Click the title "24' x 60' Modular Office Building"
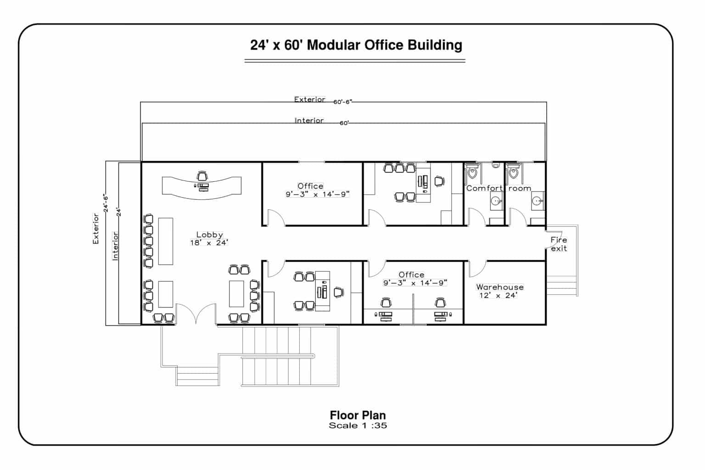pos(356,45)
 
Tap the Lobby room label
pos(209,235)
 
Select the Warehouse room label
pos(499,287)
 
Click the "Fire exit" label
pos(559,244)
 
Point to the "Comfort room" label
pos(498,188)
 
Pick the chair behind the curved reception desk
pos(202,176)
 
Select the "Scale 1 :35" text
pos(358,425)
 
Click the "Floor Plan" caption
pos(358,415)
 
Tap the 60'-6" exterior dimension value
pos(342,102)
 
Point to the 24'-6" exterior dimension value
pos(105,202)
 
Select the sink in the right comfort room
pos(537,201)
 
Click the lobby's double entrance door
pos(196,314)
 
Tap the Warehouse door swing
pos(477,269)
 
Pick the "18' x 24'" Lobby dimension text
pos(209,243)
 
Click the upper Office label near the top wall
pos(310,186)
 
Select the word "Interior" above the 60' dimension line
pos(309,121)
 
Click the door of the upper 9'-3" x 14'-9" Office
pos(275,218)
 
